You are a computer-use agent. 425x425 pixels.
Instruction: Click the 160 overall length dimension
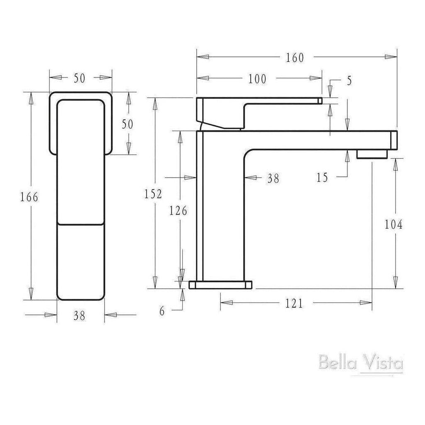[295, 58]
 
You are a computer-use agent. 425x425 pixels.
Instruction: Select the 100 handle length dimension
[257, 79]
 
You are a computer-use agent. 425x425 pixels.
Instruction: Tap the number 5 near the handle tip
[349, 81]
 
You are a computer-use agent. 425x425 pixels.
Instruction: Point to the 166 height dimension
[29, 197]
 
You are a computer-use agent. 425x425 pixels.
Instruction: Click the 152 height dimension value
[154, 194]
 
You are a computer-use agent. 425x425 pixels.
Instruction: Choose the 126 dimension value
[178, 211]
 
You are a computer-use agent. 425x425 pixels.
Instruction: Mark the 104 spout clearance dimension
[393, 225]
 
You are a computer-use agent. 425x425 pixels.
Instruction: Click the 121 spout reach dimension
[294, 304]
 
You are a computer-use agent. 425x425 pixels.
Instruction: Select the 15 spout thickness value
[322, 178]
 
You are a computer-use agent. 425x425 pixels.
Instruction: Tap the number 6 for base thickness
[162, 311]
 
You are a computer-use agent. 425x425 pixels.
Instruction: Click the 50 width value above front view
[80, 78]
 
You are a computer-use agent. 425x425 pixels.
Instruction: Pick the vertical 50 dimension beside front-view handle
[128, 124]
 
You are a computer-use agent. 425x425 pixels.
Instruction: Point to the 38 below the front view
[79, 316]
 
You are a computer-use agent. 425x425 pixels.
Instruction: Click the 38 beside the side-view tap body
[273, 178]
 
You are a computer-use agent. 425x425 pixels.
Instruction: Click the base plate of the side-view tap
[220, 285]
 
